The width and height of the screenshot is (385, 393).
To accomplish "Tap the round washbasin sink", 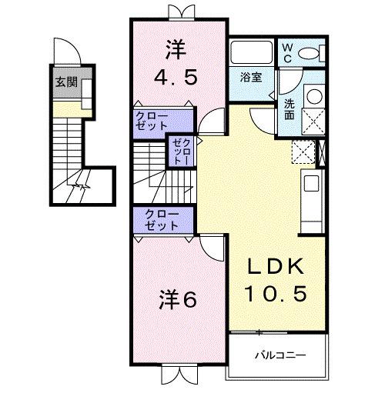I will coord(313,95).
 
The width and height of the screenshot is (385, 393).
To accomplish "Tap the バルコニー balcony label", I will coord(280,356).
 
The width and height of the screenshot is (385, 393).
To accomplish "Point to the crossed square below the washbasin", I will coord(313,122).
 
